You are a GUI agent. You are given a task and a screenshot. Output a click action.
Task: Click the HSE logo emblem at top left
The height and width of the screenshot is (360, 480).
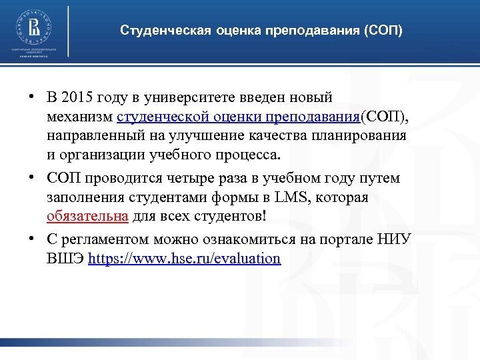[32, 29]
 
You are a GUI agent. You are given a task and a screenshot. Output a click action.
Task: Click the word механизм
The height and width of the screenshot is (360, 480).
[79, 117]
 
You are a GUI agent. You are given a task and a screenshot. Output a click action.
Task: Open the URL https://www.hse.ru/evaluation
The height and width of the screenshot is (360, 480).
[184, 258]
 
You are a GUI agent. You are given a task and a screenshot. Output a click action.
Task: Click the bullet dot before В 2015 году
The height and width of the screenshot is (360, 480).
[31, 99]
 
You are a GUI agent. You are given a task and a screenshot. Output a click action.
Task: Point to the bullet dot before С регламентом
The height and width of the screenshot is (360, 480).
[31, 239]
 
